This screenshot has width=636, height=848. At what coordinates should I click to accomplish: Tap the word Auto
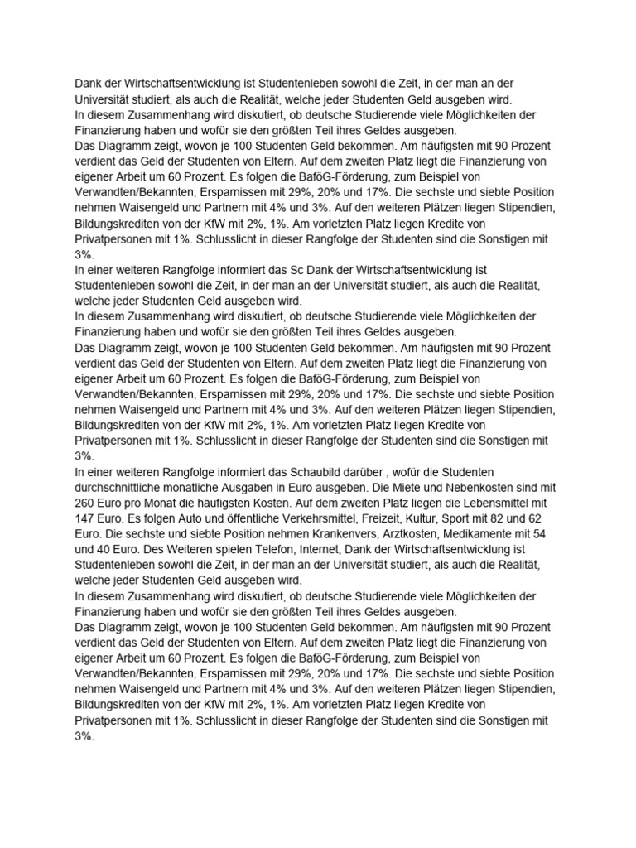pos(200,518)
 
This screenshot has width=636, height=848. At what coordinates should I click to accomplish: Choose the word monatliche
pos(222,486)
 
